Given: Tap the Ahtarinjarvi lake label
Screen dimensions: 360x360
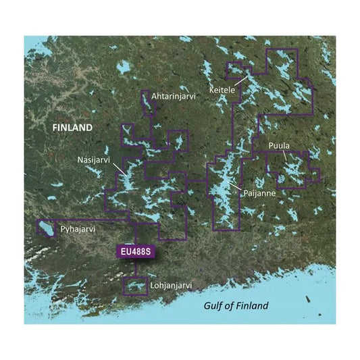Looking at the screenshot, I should pyautogui.click(x=173, y=97).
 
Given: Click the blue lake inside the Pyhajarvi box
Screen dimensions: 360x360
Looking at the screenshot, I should pyautogui.click(x=48, y=228).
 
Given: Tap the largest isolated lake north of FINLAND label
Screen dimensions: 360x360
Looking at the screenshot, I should pyautogui.click(x=123, y=68).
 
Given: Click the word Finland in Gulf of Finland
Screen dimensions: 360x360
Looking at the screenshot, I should pyautogui.click(x=251, y=306).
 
